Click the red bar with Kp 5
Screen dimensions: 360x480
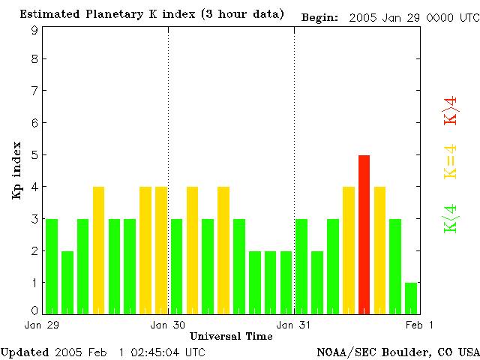pos(364,234)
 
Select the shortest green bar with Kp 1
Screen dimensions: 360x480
pos(411,298)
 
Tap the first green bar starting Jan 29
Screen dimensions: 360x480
pos(52,265)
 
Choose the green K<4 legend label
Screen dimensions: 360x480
pos(451,219)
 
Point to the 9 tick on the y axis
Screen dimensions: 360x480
pos(34,31)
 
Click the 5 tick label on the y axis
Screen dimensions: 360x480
pos(34,154)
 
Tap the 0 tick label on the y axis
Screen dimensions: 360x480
pos(34,310)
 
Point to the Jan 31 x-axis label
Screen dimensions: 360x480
pos(294,325)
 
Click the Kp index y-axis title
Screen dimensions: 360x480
pos(16,170)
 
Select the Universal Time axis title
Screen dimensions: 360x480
pos(231,336)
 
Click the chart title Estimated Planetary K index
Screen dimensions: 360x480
pos(151,14)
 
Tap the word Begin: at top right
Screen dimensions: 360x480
pos(320,17)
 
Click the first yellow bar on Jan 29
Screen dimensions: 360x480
pos(98,250)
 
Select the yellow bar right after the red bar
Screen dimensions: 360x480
pos(379,250)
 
